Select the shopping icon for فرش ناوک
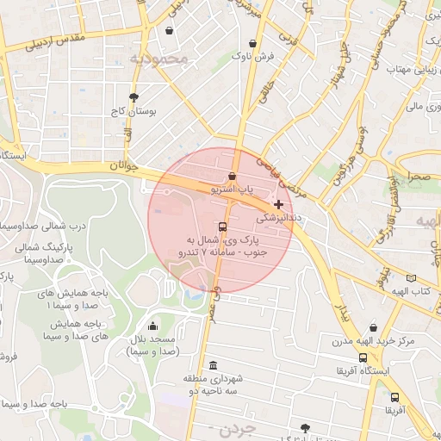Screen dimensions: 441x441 tap(252, 43)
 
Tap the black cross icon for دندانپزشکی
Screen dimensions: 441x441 tap(277, 204)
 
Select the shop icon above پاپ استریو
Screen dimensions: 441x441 tap(232, 176)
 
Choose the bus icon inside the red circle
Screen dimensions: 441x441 tap(223, 227)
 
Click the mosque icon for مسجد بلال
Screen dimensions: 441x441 tap(153, 326)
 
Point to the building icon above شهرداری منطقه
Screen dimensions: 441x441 tap(213, 364)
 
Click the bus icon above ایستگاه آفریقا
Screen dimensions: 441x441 tap(365, 357)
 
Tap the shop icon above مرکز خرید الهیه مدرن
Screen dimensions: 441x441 tap(373, 327)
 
